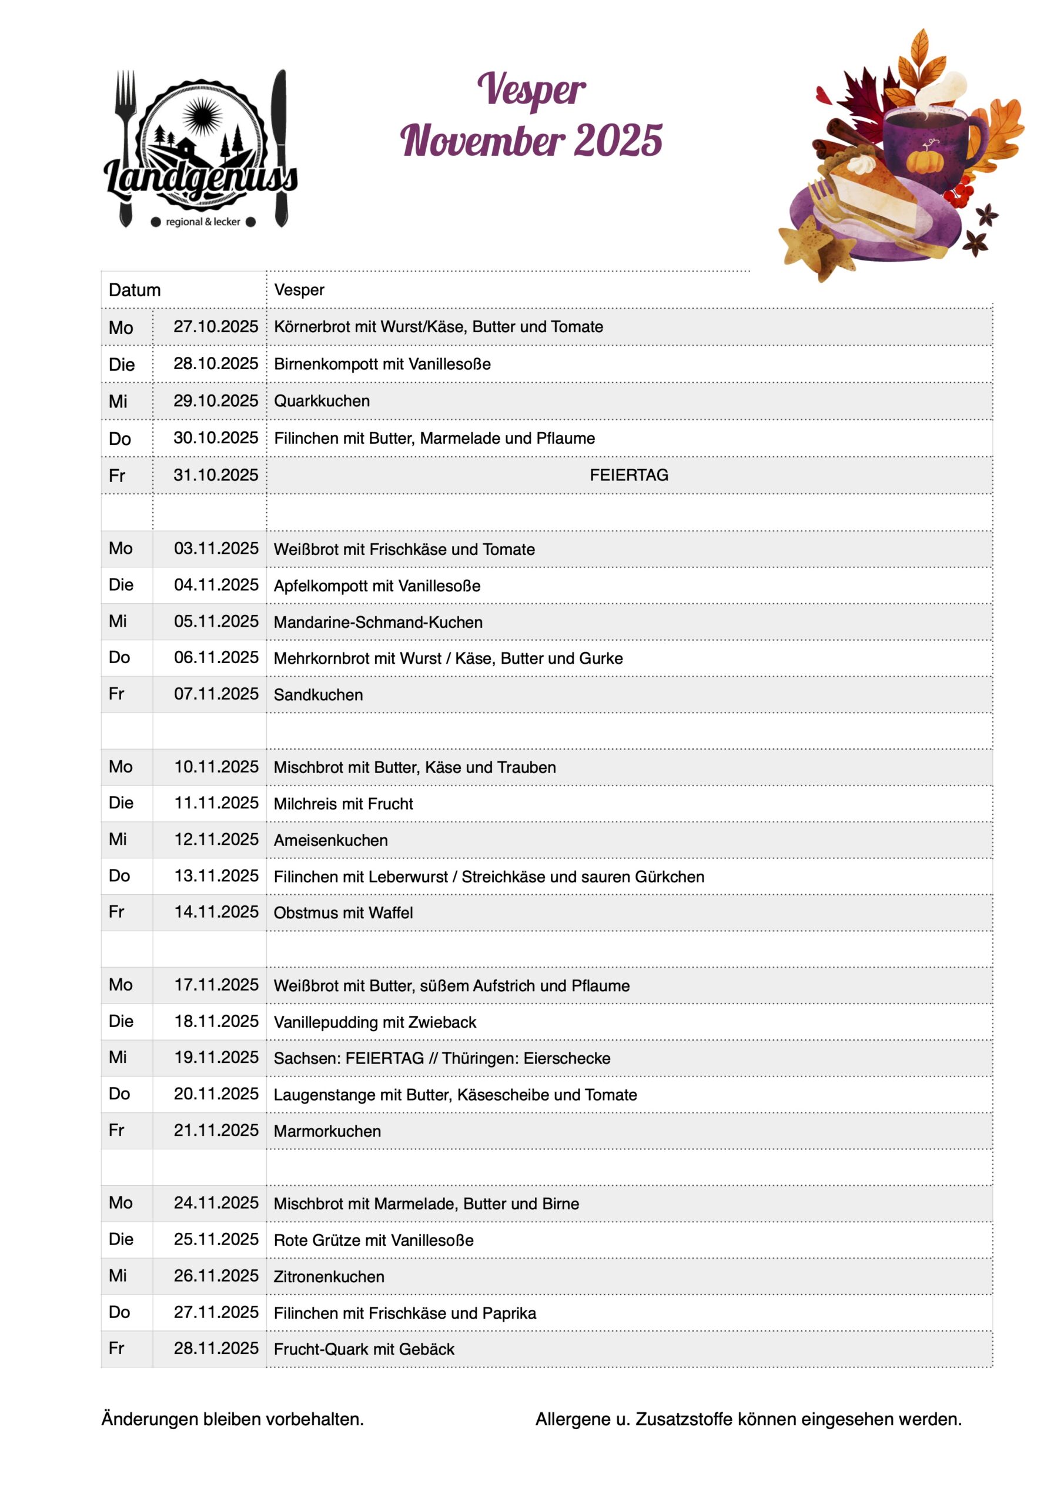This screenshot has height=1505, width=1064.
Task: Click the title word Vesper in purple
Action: pyautogui.click(x=531, y=90)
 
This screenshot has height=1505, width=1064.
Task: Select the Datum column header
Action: pyautogui.click(x=135, y=290)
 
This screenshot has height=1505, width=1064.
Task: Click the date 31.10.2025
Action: pyautogui.click(x=216, y=474)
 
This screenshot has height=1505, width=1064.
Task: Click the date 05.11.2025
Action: pyautogui.click(x=216, y=621)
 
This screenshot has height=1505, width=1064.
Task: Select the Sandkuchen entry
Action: pyautogui.click(x=318, y=695)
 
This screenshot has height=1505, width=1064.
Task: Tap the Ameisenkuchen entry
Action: pyautogui.click(x=330, y=840)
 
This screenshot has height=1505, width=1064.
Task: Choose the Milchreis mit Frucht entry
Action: pyautogui.click(x=343, y=804)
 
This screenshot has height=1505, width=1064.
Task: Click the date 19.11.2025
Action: pyautogui.click(x=216, y=1057)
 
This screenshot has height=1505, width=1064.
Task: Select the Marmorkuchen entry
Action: pyautogui.click(x=327, y=1131)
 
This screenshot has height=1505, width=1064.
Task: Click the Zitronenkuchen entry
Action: pyautogui.click(x=329, y=1276)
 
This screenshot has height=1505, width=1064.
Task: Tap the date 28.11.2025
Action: pyautogui.click(x=216, y=1349)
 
